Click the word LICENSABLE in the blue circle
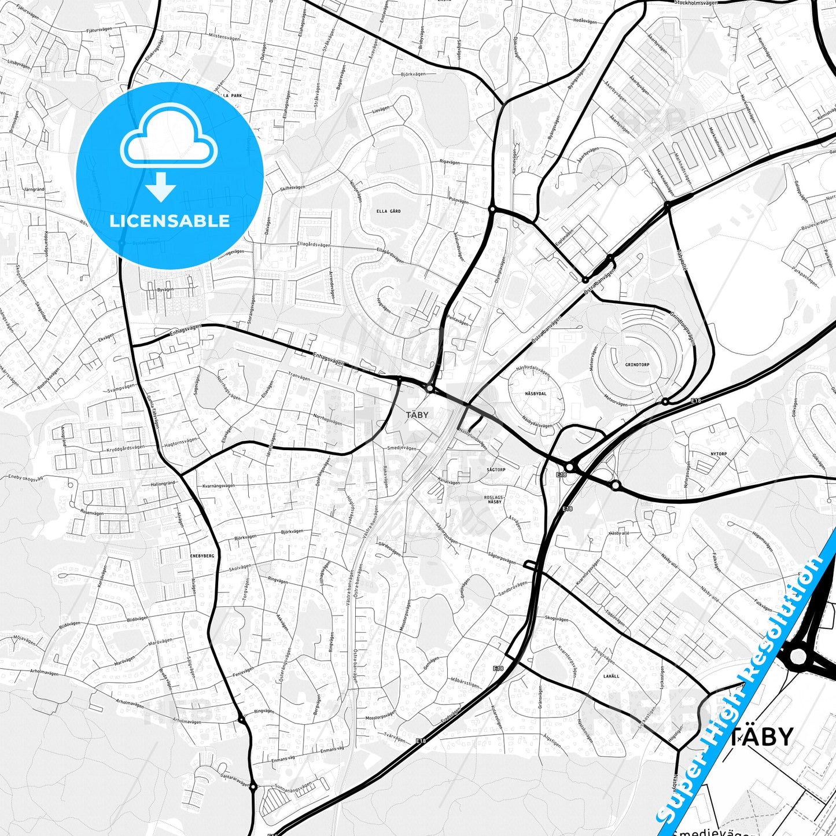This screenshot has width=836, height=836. (170, 221)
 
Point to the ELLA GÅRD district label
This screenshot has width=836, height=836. (388, 211)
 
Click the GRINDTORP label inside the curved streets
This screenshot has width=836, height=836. (637, 365)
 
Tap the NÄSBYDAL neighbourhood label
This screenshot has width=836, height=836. (535, 393)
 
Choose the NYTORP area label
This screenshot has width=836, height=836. (719, 454)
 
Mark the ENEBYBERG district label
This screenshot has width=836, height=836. (202, 555)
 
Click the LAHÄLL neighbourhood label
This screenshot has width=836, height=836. (611, 676)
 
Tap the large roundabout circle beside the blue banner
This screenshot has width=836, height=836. (797, 656)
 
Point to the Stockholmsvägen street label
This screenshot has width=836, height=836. (695, 3)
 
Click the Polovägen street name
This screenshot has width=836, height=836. (458, 201)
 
